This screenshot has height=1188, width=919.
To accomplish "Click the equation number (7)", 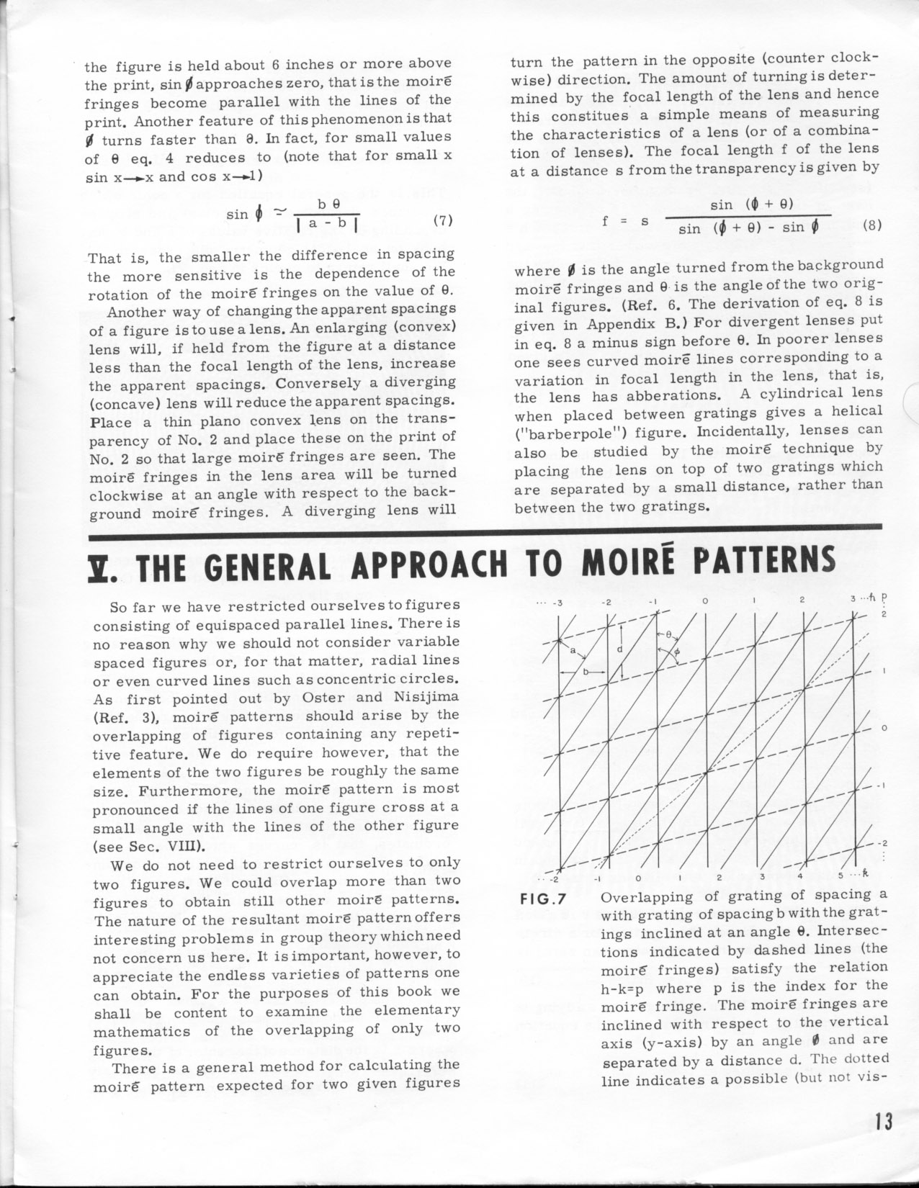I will pyautogui.click(x=442, y=221).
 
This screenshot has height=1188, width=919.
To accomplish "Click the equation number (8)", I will pyautogui.click(x=871, y=224).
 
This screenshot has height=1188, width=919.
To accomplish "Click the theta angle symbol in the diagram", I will pyautogui.click(x=668, y=636).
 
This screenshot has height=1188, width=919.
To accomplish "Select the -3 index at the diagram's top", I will pyautogui.click(x=557, y=602).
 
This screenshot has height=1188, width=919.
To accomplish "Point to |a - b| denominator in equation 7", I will pyautogui.click(x=332, y=224).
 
